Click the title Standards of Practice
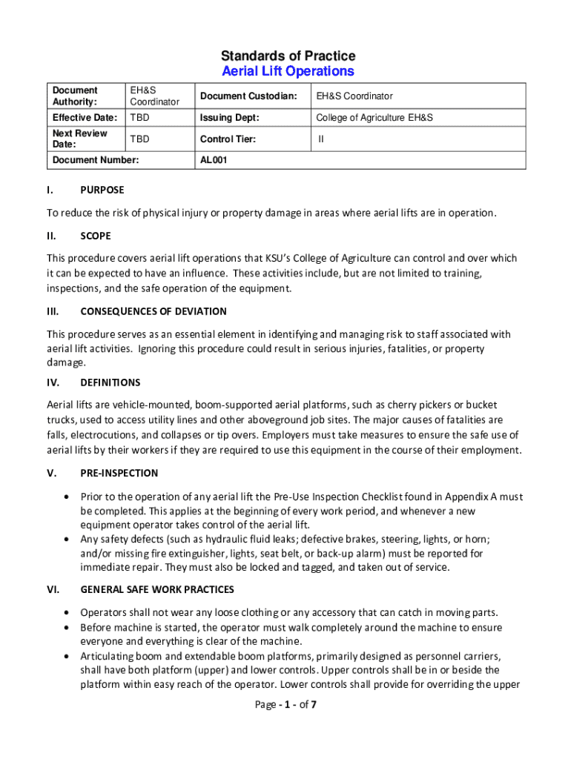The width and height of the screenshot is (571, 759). pyautogui.click(x=288, y=56)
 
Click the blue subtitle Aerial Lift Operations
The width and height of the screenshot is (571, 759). pyautogui.click(x=288, y=71)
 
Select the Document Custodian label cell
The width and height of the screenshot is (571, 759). pyautogui.click(x=248, y=96)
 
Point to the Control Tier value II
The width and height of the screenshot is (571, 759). pyautogui.click(x=321, y=139)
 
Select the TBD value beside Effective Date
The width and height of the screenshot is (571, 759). pyautogui.click(x=139, y=118)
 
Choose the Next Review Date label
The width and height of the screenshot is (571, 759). pyautogui.click(x=79, y=139)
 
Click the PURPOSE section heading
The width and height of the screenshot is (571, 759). pyautogui.click(x=102, y=190)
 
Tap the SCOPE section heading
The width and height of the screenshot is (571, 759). pyautogui.click(x=96, y=236)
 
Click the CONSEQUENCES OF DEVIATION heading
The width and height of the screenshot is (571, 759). pyautogui.click(x=154, y=311)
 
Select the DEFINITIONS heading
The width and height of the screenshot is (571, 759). pyautogui.click(x=110, y=382)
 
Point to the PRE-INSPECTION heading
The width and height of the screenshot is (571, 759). pyautogui.click(x=119, y=473)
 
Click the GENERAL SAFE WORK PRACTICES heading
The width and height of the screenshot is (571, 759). pyautogui.click(x=157, y=589)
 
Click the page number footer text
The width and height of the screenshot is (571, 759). pyautogui.click(x=285, y=704)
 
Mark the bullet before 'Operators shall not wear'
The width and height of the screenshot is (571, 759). pyautogui.click(x=67, y=613)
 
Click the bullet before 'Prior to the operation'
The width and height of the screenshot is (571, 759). pyautogui.click(x=67, y=497)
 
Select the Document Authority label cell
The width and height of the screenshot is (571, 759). pyautogui.click(x=75, y=96)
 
